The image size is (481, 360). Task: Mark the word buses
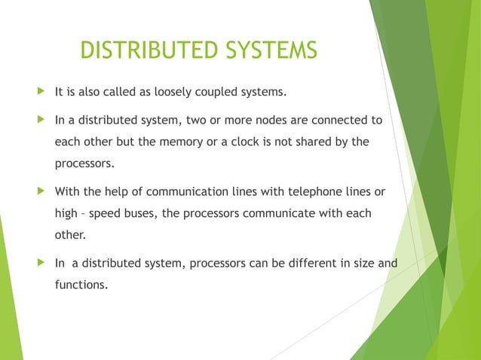pyautogui.click(x=136, y=213)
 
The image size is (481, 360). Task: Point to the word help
pyautogui.click(x=118, y=192)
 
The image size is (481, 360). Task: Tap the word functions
pyautogui.click(x=81, y=285)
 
